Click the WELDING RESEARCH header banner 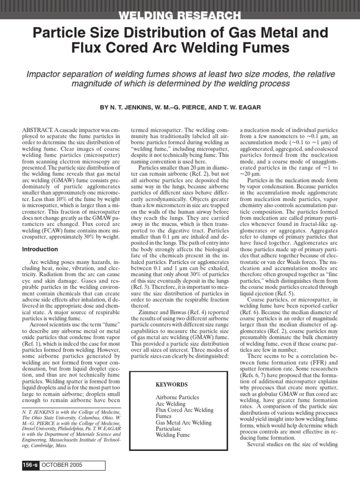(x=180, y=15)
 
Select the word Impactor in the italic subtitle (x=45, y=74)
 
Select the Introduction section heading (x=40, y=249)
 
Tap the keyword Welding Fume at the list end (x=173, y=435)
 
